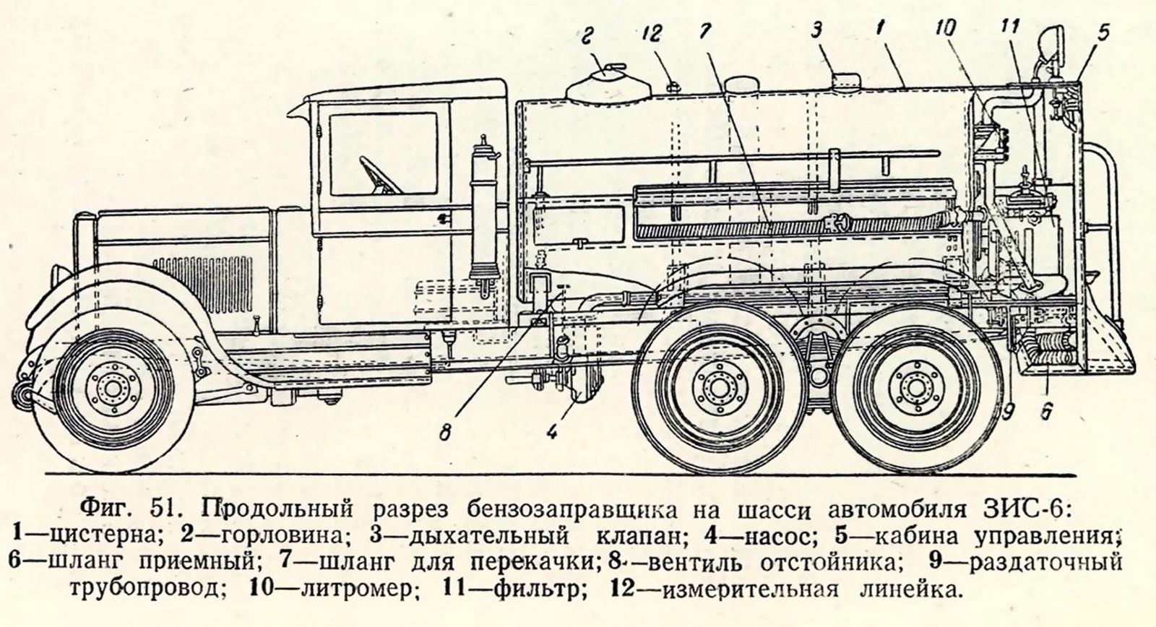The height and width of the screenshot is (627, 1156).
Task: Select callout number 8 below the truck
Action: [445, 433]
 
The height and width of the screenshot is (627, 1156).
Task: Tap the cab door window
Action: [382, 154]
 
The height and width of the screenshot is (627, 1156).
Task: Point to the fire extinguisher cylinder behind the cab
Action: [483, 217]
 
